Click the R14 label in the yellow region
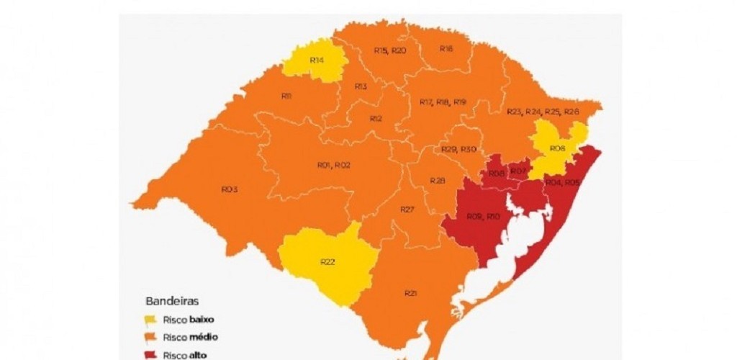[317, 60]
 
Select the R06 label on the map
[556, 148]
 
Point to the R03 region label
[229, 189]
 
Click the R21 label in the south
[411, 294]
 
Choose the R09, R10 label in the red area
[483, 216]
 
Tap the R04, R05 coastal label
[562, 183]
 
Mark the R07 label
[519, 171]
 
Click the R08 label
[496, 174]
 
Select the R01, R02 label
[334, 165]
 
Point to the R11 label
[286, 96]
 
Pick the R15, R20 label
[390, 50]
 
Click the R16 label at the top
[446, 49]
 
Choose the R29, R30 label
[458, 148]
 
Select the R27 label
[407, 210]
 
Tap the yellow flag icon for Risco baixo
[150, 319]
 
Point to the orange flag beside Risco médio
[150, 337]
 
